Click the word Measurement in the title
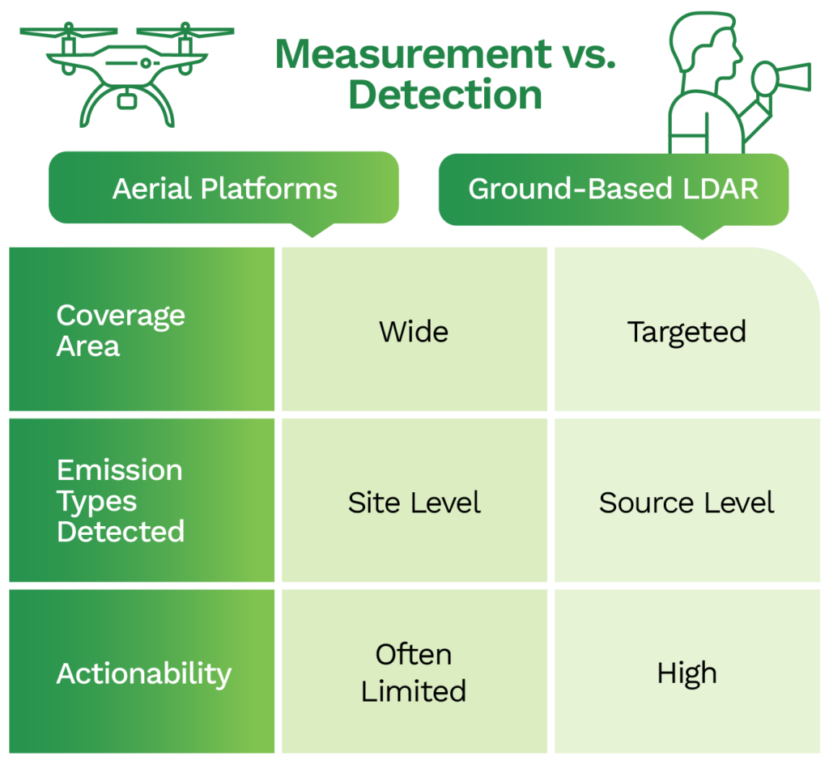pyautogui.click(x=414, y=54)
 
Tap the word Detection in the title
pyautogui.click(x=445, y=95)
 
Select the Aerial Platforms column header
pyautogui.click(x=223, y=188)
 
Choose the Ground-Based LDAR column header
pyautogui.click(x=614, y=189)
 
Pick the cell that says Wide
pyautogui.click(x=414, y=329)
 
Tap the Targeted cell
pyautogui.click(x=687, y=329)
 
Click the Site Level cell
pyautogui.click(x=414, y=500)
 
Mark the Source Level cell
pyautogui.click(x=687, y=500)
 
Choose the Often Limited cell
pyautogui.click(x=414, y=671)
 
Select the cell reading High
pyautogui.click(x=687, y=671)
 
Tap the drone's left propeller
pyautogui.click(x=69, y=32)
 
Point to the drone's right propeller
pyautogui.click(x=185, y=32)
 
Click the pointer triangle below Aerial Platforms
pyautogui.click(x=312, y=230)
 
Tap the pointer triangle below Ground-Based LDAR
pyautogui.click(x=702, y=232)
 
